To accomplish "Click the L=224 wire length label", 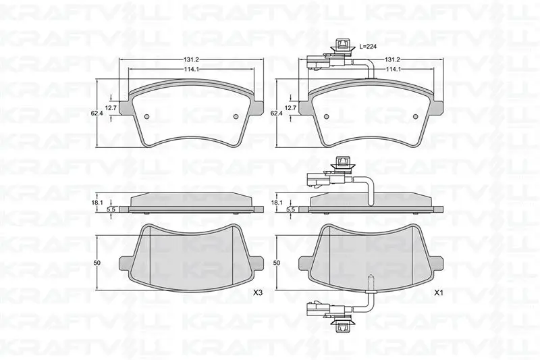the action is [368, 46].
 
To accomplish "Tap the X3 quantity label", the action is [258, 293].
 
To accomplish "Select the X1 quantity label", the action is [438, 293].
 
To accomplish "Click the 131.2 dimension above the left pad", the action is [190, 59].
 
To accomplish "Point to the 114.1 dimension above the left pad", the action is [191, 69].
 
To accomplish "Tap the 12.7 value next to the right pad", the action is [292, 107].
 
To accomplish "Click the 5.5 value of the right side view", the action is [291, 209].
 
